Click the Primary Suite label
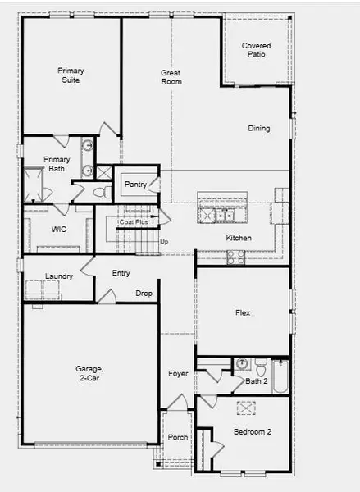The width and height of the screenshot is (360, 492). click(x=71, y=75)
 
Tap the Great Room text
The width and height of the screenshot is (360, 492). click(x=171, y=78)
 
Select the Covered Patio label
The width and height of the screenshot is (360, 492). click(x=257, y=51)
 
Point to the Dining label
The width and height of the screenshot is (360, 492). click(x=259, y=129)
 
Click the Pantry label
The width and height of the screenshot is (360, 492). click(x=135, y=184)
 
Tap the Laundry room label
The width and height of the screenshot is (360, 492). click(x=59, y=276)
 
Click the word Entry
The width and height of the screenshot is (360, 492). click(x=121, y=273)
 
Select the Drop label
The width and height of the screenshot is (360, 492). click(x=144, y=293)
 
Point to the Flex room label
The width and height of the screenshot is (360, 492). click(x=243, y=313)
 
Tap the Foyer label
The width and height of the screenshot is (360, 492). click(x=178, y=374)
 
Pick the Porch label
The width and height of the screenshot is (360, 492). click(x=177, y=437)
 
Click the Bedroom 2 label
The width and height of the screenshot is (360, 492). click(x=253, y=431)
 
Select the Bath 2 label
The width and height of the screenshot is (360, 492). click(x=257, y=380)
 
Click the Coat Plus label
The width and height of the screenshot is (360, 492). click(x=133, y=221)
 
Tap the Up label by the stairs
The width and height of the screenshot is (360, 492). click(x=164, y=242)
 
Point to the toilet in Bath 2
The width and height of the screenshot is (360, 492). click(x=260, y=364)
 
